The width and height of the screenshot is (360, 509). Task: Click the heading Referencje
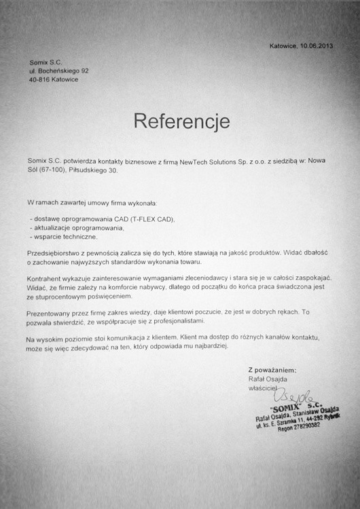[181, 121]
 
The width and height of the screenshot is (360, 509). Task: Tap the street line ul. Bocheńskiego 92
[58, 71]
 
